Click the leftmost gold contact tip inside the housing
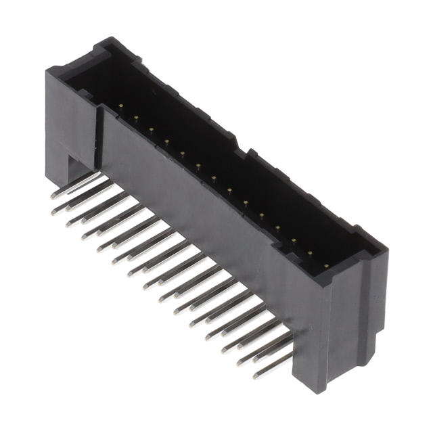(x=120, y=106)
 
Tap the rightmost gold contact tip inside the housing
(x=326, y=266)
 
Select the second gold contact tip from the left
(x=135, y=118)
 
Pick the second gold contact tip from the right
(x=311, y=254)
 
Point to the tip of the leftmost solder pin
(x=53, y=196)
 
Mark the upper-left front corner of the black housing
(x=47, y=70)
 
